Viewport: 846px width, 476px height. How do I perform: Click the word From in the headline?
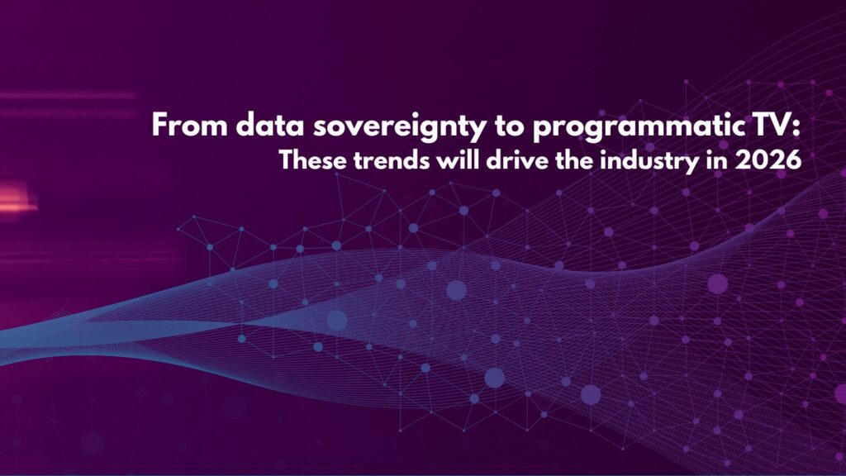pos(190,126)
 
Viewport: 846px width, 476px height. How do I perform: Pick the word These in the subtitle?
pos(313,160)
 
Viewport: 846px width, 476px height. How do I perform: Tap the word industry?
pos(649,162)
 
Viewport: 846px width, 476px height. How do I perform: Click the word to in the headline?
pos(509,126)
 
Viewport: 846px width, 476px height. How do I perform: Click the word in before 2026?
pos(717,160)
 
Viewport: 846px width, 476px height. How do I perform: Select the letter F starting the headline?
pos(160,126)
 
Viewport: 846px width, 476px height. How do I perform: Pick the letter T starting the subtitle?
pos(286,160)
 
